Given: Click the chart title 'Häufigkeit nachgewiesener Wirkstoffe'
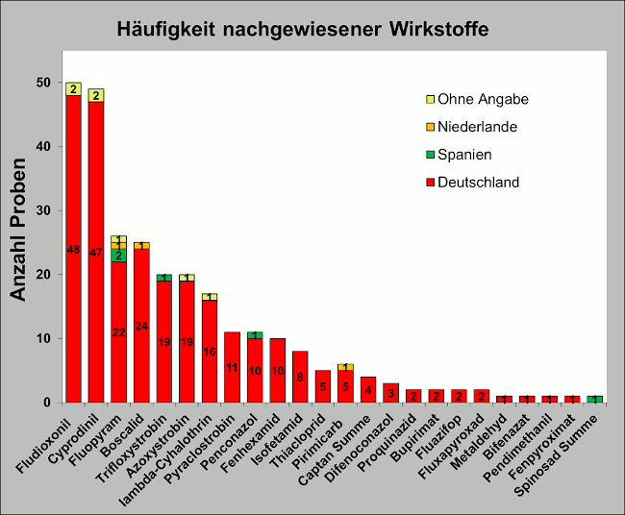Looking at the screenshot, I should (x=302, y=30).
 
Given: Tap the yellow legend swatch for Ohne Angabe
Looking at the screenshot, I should (x=430, y=99).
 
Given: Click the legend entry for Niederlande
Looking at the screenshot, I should (x=477, y=127).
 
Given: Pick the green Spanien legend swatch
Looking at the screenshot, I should (x=430, y=155).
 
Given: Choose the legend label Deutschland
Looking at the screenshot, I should (x=478, y=183).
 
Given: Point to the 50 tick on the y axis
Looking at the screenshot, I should (x=43, y=83).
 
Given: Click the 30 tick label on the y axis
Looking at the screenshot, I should (x=43, y=210).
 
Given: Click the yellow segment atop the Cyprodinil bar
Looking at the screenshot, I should (x=96, y=95).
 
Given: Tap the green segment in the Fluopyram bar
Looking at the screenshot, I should (x=119, y=256).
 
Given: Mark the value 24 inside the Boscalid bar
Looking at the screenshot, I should (x=142, y=326).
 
